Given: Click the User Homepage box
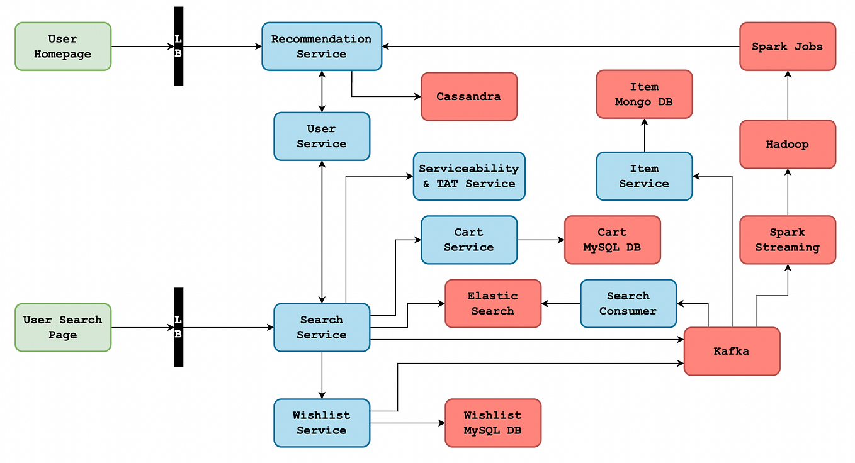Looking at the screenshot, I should click(63, 47).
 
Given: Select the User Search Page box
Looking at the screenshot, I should click(63, 327).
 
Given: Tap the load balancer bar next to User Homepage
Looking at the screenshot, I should click(178, 47).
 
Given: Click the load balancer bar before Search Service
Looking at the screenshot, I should click(178, 327).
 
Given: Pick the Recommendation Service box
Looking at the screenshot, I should click(322, 47).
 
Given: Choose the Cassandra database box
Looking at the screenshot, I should click(469, 96).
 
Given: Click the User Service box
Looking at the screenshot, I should click(322, 137).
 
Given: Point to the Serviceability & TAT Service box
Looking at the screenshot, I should click(469, 176).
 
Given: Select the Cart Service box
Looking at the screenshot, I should click(469, 240).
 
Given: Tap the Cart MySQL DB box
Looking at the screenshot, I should click(612, 240).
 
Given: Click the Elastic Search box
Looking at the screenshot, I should click(493, 303).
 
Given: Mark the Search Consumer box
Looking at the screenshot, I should click(628, 303).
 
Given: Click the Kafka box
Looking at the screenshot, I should click(732, 351).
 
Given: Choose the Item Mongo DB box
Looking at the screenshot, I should click(644, 94).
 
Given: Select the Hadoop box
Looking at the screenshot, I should click(788, 144).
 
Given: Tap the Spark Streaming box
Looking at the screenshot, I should click(788, 240).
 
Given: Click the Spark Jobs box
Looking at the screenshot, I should click(788, 47).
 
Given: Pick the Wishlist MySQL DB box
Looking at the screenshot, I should click(493, 423).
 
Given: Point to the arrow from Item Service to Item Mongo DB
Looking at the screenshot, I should click(644, 135).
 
